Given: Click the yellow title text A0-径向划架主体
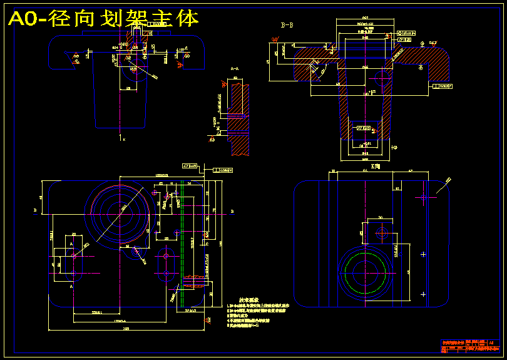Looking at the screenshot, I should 103,19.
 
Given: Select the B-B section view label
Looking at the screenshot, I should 287,25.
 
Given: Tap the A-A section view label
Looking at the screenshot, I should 235,68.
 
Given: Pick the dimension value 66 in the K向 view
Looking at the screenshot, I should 364,170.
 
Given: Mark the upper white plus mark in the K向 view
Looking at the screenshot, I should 424,254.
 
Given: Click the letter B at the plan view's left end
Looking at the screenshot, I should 34,212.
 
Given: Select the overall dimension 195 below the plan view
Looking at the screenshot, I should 126,327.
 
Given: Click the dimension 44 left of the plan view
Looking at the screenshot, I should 41,197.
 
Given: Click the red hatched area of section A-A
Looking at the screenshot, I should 241,119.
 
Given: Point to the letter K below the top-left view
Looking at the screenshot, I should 124,138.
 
